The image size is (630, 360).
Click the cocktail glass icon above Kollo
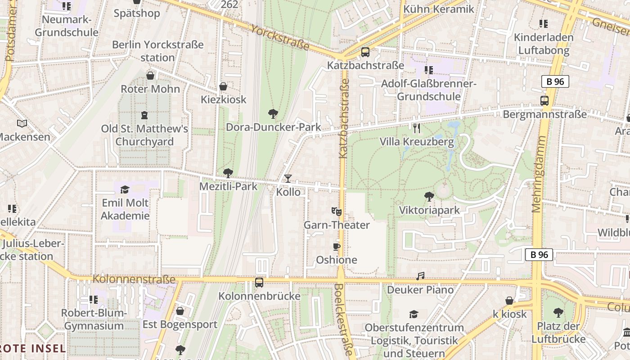[x=288, y=179]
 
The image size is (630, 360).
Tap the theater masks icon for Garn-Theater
[x=336, y=211]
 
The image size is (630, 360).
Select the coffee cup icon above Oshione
[x=336, y=246]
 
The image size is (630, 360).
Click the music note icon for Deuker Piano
[x=420, y=276]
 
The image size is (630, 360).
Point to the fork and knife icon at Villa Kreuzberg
[x=417, y=128]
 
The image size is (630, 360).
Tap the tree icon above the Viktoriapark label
[x=429, y=196]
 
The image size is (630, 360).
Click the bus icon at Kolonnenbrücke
[x=259, y=283]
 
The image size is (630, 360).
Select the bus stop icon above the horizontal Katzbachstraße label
[x=365, y=52]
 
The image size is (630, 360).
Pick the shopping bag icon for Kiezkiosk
[x=223, y=86]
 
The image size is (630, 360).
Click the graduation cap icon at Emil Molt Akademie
[x=125, y=189]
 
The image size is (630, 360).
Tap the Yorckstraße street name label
[x=280, y=37]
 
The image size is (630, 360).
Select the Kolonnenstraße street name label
[x=134, y=279]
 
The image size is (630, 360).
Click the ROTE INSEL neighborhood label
[x=32, y=348]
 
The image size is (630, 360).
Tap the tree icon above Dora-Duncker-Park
[x=273, y=113]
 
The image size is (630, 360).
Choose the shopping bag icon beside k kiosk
[x=509, y=300]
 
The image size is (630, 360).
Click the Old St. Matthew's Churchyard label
[x=144, y=135]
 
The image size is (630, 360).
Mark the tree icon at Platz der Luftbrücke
[x=558, y=312]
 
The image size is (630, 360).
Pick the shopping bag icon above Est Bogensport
[x=180, y=311]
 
